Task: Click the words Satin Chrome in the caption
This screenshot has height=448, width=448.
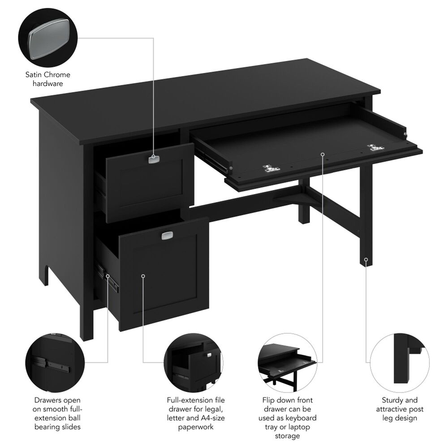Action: click(47, 75)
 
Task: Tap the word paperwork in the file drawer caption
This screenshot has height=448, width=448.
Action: click(196, 427)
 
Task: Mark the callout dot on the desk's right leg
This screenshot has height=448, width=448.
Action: click(366, 259)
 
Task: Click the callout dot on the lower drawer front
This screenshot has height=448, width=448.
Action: click(143, 276)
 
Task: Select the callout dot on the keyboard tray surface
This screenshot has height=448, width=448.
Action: click(323, 154)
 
